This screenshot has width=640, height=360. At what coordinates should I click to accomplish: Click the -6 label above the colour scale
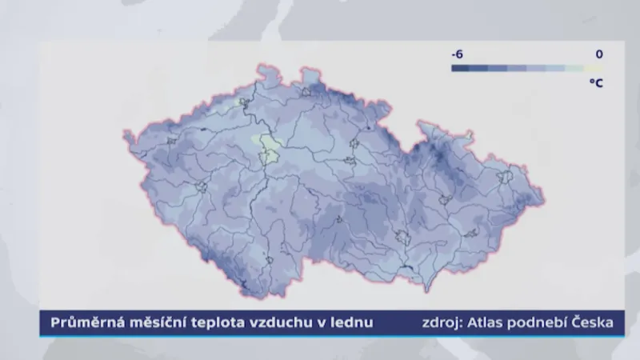[458, 54]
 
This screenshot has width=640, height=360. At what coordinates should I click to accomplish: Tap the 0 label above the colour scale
[599, 54]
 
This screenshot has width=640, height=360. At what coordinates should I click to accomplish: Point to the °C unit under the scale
[596, 82]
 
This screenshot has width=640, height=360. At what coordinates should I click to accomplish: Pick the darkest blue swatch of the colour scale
[460, 69]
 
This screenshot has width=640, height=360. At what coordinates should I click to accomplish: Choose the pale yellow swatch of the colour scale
[594, 69]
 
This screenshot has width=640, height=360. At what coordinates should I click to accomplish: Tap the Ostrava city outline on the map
[505, 176]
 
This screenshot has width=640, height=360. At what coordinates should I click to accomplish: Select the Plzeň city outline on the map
[201, 186]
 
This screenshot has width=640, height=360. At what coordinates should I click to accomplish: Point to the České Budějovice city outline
[270, 260]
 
